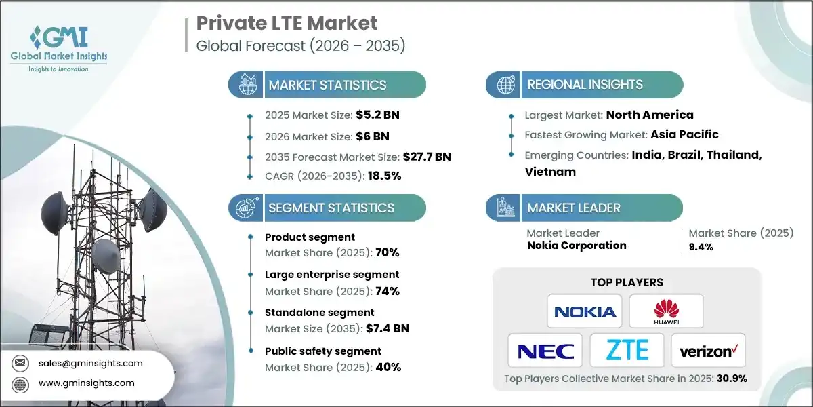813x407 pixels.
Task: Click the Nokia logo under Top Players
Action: (585, 311)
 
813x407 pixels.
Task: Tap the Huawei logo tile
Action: (666, 311)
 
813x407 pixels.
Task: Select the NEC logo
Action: (545, 351)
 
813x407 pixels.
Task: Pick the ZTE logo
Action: (627, 351)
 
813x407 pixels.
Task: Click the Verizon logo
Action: (708, 351)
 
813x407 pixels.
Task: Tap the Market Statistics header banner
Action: (328, 85)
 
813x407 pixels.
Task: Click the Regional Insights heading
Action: (585, 85)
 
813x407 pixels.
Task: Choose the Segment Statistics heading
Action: (331, 208)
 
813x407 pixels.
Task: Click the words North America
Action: (650, 115)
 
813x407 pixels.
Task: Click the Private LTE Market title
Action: (287, 24)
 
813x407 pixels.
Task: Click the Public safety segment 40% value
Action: (388, 367)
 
